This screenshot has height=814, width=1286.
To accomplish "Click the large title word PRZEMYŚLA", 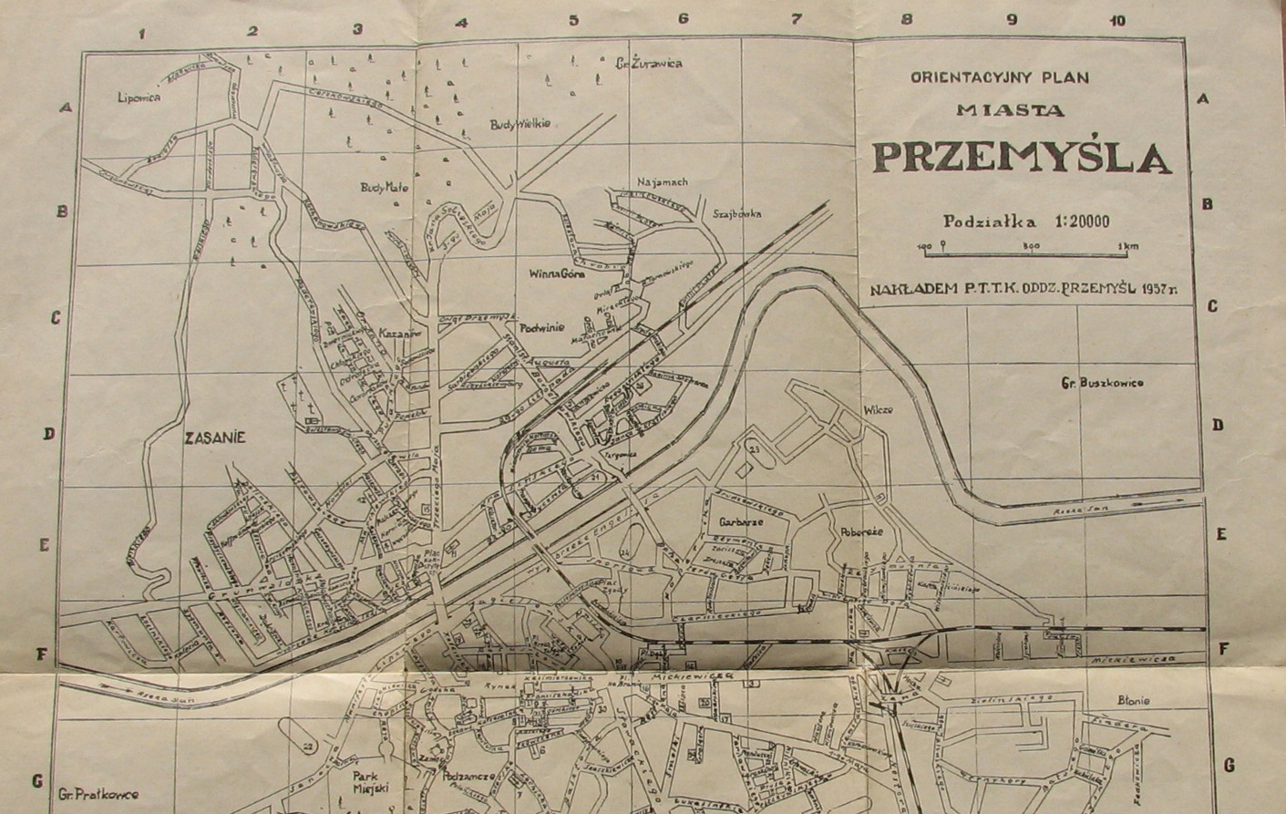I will point(1021,157).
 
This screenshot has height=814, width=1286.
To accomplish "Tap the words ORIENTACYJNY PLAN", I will point(999,78).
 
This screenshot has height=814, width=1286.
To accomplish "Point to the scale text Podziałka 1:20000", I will point(1026,221).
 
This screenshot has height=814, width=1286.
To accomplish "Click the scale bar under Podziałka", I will point(1027,246).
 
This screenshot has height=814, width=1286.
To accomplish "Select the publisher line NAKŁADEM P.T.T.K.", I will point(1023,288).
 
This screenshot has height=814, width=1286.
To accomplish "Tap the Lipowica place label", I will point(139,97).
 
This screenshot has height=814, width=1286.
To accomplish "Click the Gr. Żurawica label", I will point(648,63).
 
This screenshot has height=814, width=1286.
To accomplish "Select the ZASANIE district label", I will point(214,438).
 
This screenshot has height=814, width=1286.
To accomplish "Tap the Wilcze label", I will point(877,410).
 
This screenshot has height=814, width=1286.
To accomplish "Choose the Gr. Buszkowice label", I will point(1102,383).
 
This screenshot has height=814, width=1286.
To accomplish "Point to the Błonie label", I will point(1133,701).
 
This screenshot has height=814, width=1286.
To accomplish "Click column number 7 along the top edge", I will point(795,19).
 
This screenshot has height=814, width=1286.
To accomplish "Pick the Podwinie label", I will point(542,327).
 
